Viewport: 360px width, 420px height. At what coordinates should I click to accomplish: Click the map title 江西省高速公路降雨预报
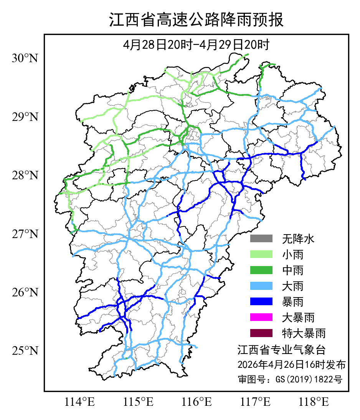click(x=196, y=20)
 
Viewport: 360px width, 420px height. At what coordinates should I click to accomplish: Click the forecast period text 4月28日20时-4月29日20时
click(x=196, y=45)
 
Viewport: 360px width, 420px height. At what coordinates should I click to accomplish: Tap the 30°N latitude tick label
click(x=25, y=59)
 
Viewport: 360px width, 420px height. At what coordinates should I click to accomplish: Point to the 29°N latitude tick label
click(x=25, y=117)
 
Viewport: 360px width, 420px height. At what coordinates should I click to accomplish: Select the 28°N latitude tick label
click(x=25, y=175)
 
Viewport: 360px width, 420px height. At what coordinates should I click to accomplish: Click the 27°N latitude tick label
click(x=25, y=234)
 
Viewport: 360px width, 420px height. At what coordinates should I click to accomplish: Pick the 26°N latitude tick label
click(x=25, y=293)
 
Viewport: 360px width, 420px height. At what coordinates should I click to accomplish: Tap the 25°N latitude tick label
click(x=25, y=351)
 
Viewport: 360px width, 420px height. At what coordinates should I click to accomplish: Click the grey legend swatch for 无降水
click(x=261, y=239)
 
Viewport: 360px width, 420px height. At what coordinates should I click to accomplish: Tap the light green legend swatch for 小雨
click(x=261, y=255)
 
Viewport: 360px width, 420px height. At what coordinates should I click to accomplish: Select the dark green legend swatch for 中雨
click(x=261, y=270)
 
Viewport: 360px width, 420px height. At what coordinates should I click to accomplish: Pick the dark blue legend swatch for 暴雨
click(x=261, y=302)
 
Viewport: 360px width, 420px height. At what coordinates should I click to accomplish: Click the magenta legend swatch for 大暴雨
click(x=261, y=317)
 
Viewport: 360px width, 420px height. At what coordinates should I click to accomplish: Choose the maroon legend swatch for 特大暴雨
click(x=261, y=333)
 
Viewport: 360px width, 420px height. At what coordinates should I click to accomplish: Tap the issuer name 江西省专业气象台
click(x=281, y=350)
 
